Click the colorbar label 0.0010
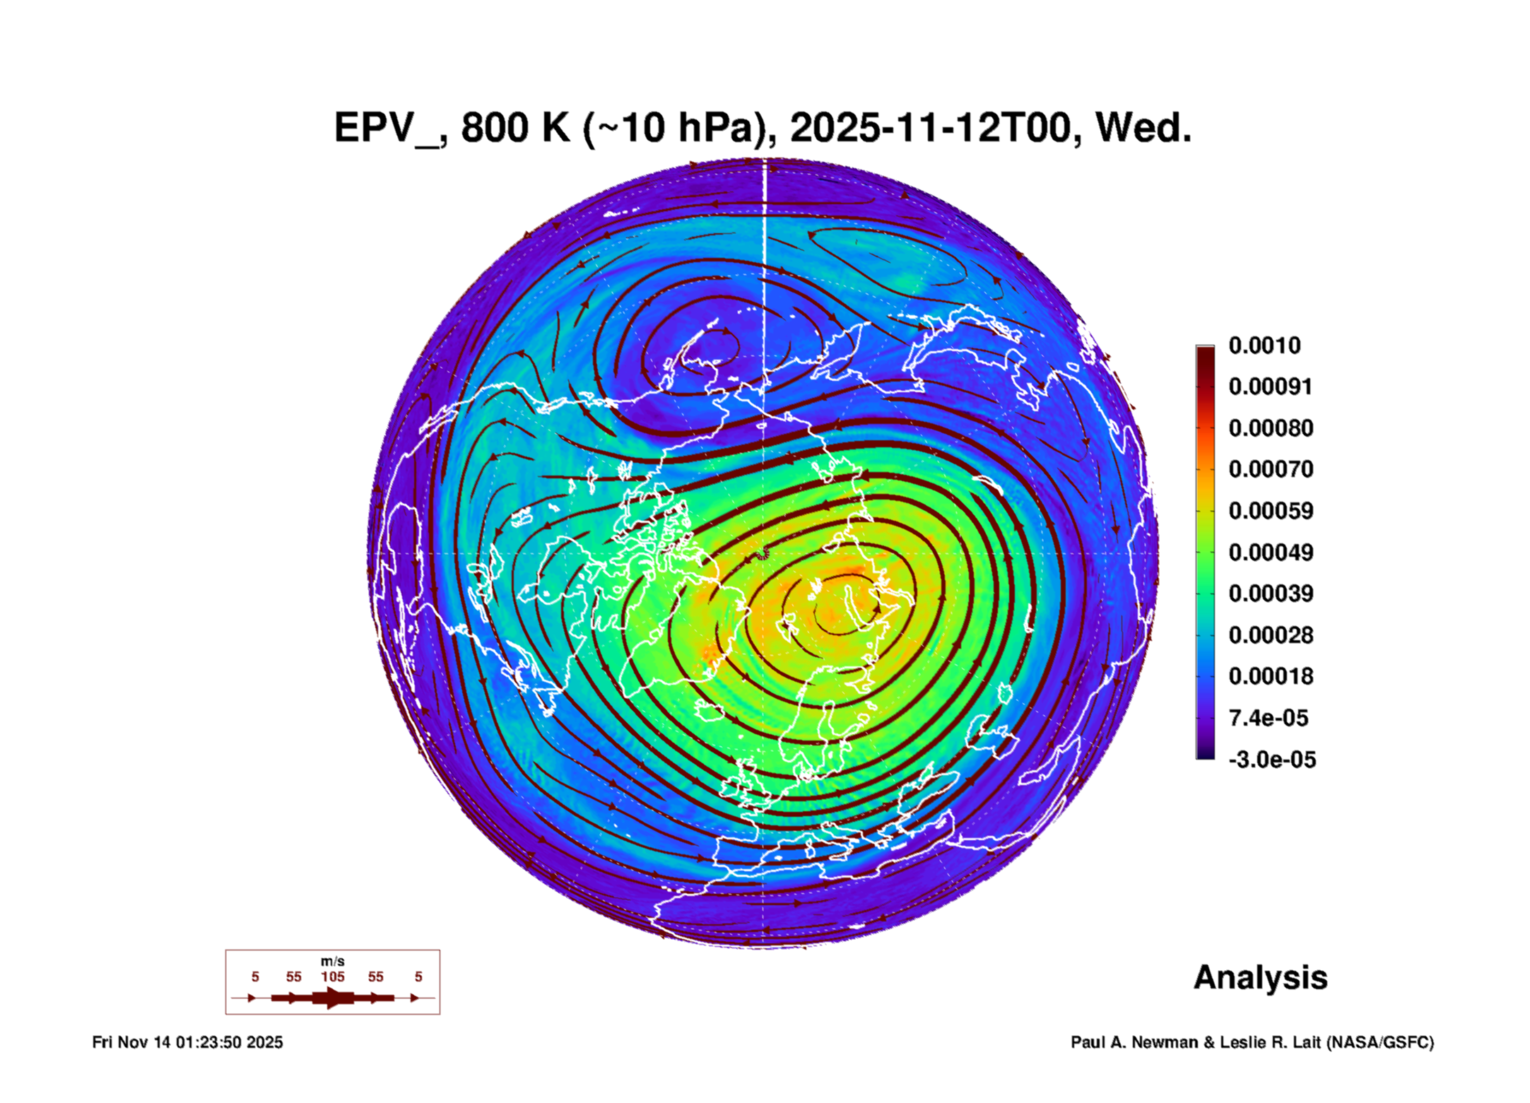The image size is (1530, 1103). [x=1264, y=346]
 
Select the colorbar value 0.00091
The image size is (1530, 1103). [x=1270, y=387]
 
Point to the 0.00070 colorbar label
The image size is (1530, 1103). [x=1271, y=469]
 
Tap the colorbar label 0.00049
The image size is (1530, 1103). [x=1271, y=552]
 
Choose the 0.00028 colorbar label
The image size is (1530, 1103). [x=1271, y=635]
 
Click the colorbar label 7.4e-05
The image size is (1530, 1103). [x=1269, y=718]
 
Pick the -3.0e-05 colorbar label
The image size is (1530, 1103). [x=1272, y=760]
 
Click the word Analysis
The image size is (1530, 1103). [x=1261, y=979]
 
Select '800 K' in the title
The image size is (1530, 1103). [x=515, y=128]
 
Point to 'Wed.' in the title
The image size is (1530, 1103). [x=1143, y=128]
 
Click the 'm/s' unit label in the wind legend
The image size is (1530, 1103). [x=333, y=962]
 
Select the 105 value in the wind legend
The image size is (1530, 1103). [x=333, y=977]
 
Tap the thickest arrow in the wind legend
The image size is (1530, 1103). [x=333, y=998]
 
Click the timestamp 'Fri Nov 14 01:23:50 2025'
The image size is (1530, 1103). [x=187, y=1042]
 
